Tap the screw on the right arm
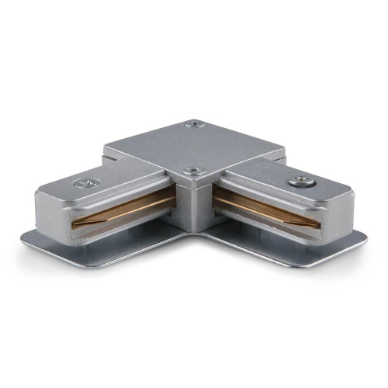click(297, 182)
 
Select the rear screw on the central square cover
click(193, 123)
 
